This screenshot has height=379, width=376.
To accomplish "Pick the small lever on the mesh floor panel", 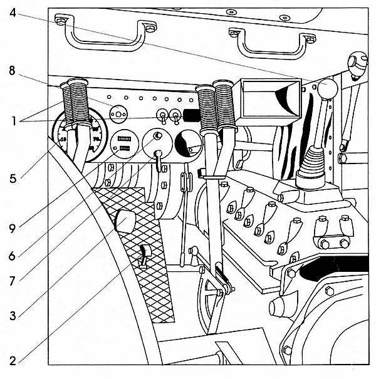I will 144,257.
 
